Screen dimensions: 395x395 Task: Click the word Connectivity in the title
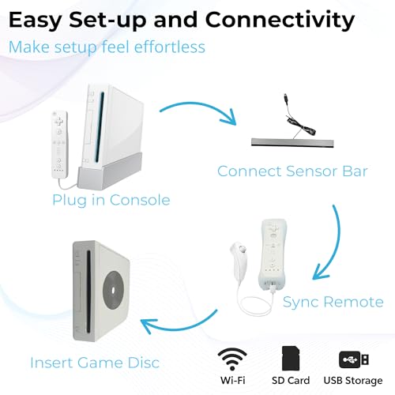(x=280, y=21)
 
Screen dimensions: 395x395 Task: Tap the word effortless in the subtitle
(x=170, y=47)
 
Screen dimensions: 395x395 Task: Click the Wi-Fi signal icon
(x=232, y=359)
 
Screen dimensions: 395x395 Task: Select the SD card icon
(x=291, y=359)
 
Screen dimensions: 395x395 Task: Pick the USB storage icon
(x=354, y=359)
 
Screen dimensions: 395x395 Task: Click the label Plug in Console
(x=111, y=200)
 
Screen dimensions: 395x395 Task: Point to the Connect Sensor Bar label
(x=292, y=171)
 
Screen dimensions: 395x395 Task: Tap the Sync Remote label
(x=333, y=303)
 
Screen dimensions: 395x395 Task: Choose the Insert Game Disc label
(x=95, y=363)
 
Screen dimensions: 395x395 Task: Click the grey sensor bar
(x=292, y=142)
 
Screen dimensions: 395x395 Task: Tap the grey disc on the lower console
(x=113, y=291)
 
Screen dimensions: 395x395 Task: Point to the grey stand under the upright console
(x=110, y=171)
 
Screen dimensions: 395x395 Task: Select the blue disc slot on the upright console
(x=100, y=127)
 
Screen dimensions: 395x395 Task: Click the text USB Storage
(x=353, y=381)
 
